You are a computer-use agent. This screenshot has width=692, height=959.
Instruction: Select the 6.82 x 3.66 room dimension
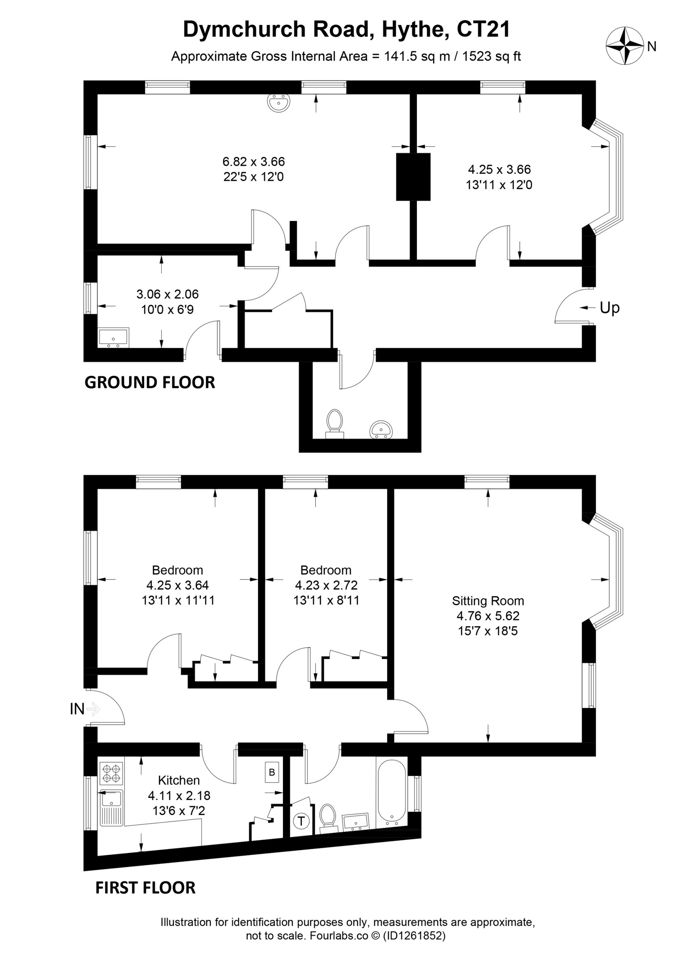(254, 161)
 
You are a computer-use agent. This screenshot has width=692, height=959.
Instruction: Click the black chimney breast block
(413, 177)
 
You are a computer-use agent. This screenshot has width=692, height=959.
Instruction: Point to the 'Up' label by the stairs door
(609, 308)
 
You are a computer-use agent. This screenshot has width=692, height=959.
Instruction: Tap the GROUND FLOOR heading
(150, 382)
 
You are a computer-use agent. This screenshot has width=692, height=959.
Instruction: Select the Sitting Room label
(488, 601)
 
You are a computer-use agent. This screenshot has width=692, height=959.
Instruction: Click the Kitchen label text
(179, 780)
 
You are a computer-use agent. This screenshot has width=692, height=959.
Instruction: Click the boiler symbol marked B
(272, 772)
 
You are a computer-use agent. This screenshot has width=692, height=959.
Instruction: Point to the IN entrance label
(77, 709)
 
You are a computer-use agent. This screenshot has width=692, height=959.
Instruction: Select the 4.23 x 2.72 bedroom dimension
(326, 585)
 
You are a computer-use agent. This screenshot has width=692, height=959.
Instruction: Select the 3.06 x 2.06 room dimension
(167, 294)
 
